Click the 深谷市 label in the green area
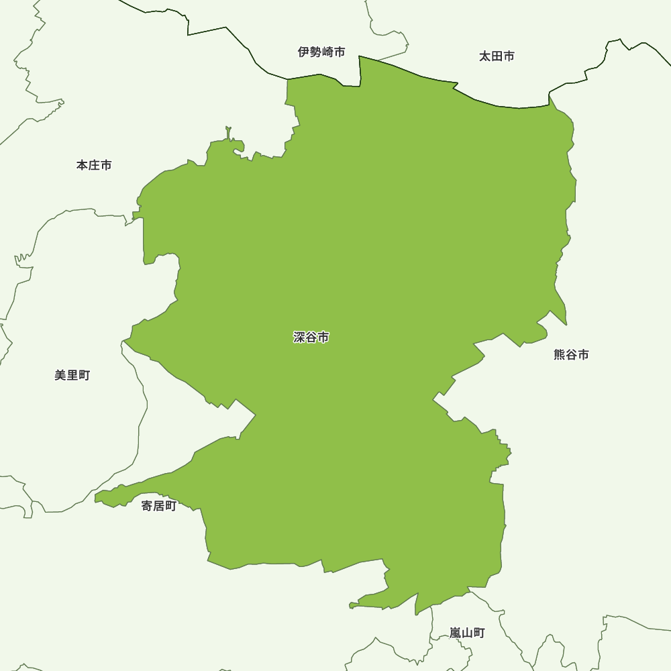point(311,338)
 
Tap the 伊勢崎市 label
point(321,52)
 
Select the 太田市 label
point(497,56)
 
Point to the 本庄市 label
point(94,165)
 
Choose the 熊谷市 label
point(571,355)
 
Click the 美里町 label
point(72,376)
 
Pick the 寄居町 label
point(159,506)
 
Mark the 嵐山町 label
point(467,633)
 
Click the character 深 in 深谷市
point(299,338)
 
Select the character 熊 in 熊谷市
point(560,355)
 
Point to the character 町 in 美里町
point(84,376)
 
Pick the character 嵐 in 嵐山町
point(456,633)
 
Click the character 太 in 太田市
point(484,56)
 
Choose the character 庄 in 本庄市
point(94,165)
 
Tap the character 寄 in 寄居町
point(147,506)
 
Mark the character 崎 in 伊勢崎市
point(327,52)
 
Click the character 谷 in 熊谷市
point(571,355)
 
